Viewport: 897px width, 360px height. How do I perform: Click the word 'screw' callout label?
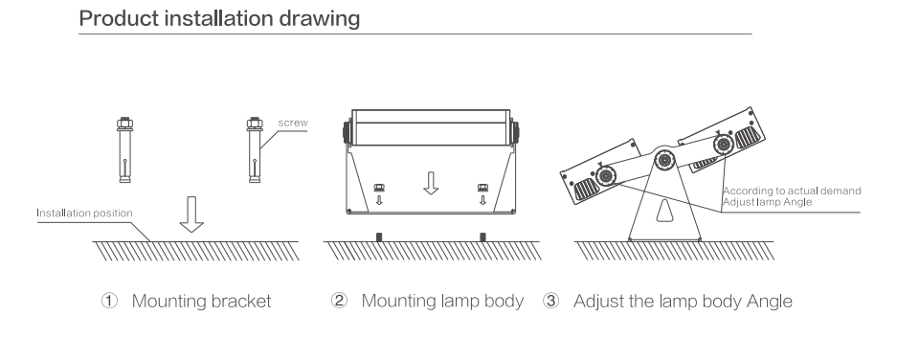(x=293, y=123)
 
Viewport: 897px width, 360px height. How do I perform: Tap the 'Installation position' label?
(x=84, y=213)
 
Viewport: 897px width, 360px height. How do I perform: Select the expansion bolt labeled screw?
(x=255, y=150)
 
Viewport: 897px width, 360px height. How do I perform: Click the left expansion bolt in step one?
(x=124, y=150)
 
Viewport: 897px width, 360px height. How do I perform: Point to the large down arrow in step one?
(x=191, y=214)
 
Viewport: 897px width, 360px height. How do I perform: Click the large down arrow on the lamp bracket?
(x=431, y=183)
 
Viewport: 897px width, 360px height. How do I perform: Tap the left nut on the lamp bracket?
(x=379, y=187)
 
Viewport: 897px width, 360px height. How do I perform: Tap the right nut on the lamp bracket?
(x=482, y=187)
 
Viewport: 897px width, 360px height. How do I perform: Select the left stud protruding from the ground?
(x=379, y=236)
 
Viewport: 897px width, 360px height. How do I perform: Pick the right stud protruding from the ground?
(x=482, y=236)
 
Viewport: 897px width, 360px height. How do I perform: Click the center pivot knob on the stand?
(x=664, y=160)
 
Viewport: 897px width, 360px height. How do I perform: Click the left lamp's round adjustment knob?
(x=605, y=176)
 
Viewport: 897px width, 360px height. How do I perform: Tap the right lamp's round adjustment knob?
(x=724, y=145)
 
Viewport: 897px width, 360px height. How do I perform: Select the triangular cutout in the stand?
(x=664, y=211)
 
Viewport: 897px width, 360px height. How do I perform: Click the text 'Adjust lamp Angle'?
(x=767, y=201)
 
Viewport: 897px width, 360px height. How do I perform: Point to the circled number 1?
(x=109, y=301)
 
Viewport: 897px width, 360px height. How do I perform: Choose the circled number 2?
(x=339, y=301)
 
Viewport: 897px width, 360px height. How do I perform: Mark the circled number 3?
(x=550, y=301)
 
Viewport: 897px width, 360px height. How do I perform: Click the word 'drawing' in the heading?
(x=319, y=19)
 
